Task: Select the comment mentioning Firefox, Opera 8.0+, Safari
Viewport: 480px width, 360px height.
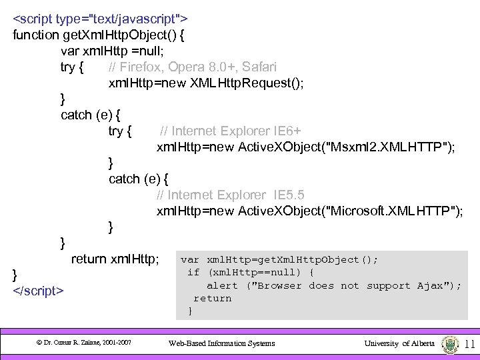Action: click(193, 67)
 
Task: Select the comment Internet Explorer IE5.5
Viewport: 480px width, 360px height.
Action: click(231, 195)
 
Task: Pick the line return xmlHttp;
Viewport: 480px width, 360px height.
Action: click(115, 259)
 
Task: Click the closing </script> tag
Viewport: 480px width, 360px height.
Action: click(39, 291)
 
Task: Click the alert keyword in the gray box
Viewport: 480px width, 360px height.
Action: click(222, 285)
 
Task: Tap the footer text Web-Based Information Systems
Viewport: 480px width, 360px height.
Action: click(221, 343)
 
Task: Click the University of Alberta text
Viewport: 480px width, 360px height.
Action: click(399, 343)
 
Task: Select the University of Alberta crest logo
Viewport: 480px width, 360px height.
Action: click(450, 343)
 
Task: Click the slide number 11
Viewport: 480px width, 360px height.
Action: click(469, 344)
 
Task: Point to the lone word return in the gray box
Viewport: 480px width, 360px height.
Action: click(213, 298)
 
